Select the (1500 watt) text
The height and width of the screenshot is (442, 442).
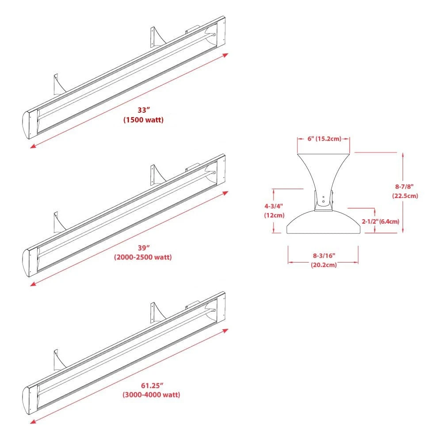pyautogui.click(x=143, y=120)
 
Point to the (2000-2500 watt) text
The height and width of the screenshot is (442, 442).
pyautogui.click(x=143, y=257)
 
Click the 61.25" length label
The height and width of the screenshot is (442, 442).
pyautogui.click(x=151, y=386)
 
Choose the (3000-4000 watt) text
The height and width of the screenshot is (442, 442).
pyautogui.click(x=151, y=395)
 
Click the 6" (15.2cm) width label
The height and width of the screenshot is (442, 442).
pyautogui.click(x=324, y=139)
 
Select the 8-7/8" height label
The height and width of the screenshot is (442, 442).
pyautogui.click(x=405, y=187)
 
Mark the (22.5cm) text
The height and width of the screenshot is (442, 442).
pyautogui.click(x=405, y=196)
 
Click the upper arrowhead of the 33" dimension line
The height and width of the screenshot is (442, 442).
pyautogui.click(x=226, y=55)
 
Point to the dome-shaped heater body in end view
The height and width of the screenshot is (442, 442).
pyautogui.click(x=323, y=224)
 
